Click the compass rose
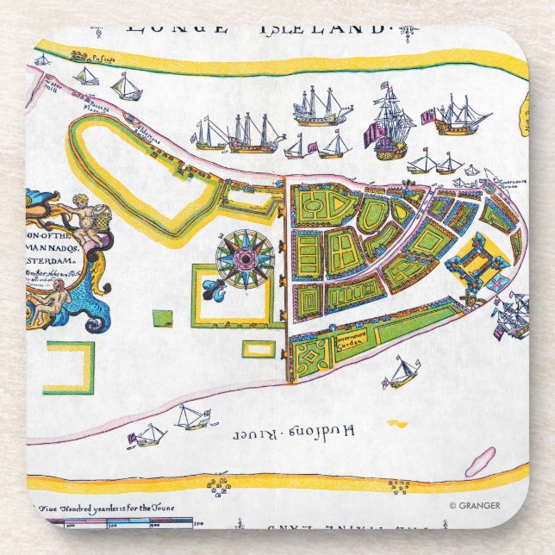coord(245,259)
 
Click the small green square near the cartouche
coord(161,317)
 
